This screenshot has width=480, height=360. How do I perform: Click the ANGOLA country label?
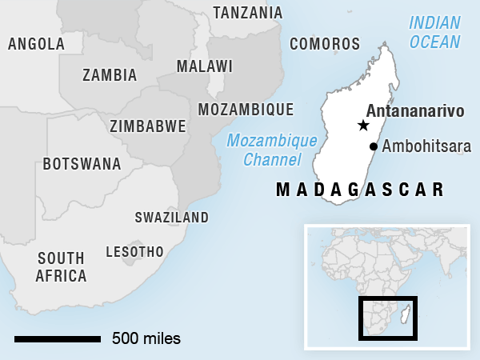pyautogui.click(x=36, y=44)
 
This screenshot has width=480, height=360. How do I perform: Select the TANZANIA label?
pyautogui.click(x=247, y=13)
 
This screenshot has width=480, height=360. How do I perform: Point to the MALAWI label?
pyautogui.click(x=205, y=66)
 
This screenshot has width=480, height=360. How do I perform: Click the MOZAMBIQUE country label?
pyautogui.click(x=245, y=110)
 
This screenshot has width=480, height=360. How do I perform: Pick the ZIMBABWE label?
pyautogui.click(x=148, y=126)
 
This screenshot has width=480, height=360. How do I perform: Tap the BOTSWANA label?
pyautogui.click(x=82, y=164)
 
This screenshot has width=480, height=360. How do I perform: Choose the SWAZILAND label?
pyautogui.click(x=171, y=218)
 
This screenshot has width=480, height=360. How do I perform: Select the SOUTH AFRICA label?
pyautogui.click(x=62, y=267)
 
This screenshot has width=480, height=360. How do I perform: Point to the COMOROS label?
pyautogui.click(x=325, y=44)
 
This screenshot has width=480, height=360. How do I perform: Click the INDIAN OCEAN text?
pyautogui.click(x=434, y=32)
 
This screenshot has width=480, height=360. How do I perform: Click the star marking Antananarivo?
pyautogui.click(x=363, y=126)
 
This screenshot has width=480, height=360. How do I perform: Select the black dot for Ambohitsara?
pyautogui.click(x=374, y=146)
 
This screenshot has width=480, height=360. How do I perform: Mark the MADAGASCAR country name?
pyautogui.click(x=360, y=190)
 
